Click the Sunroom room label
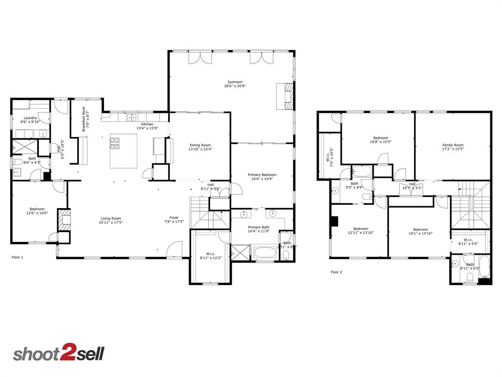click(x=235, y=84)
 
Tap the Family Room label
click(x=452, y=147)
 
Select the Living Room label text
click(x=111, y=220)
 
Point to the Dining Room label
click(x=200, y=147)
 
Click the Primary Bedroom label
click(x=262, y=177)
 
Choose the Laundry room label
click(x=29, y=119)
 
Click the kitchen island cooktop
click(x=115, y=143)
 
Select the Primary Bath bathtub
click(x=265, y=253)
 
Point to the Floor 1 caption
click(x=18, y=257)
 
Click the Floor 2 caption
click(x=336, y=271)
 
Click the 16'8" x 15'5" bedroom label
click(x=380, y=140)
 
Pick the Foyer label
click(x=175, y=219)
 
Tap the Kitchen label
click(x=147, y=126)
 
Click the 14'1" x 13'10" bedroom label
click(x=420, y=231)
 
